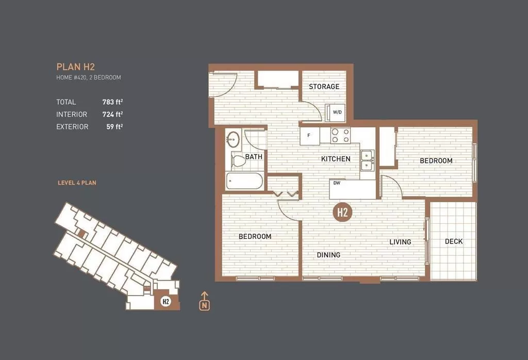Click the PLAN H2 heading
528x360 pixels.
(75, 67)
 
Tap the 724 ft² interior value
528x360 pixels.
(113, 114)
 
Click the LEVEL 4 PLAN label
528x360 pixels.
(77, 183)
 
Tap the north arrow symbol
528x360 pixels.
(205, 301)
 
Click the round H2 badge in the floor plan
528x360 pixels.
(341, 212)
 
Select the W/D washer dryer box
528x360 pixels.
(337, 111)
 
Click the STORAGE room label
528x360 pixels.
(324, 87)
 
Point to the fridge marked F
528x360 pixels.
(309, 136)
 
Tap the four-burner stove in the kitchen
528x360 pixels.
(340, 136)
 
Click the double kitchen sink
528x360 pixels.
(368, 160)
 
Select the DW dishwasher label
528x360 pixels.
(337, 183)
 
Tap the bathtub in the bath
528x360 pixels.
(245, 181)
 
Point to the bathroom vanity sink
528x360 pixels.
(234, 139)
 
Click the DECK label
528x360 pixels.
(453, 241)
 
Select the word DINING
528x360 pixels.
(328, 255)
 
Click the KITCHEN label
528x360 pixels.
(336, 159)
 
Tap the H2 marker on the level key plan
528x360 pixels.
(166, 302)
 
